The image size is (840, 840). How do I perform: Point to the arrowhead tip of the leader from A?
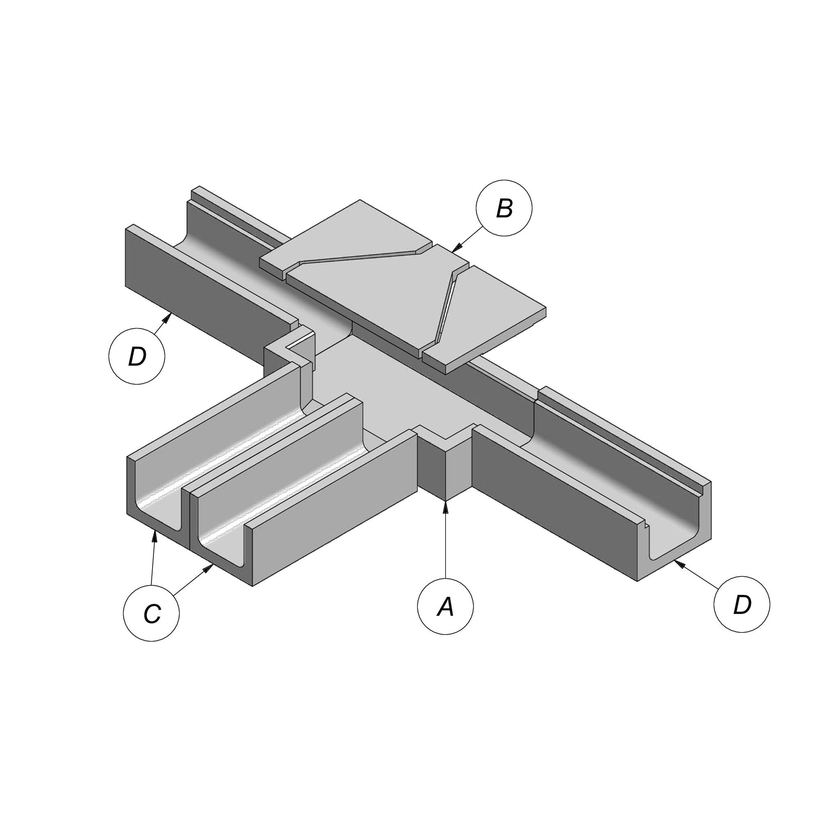click(x=445, y=501)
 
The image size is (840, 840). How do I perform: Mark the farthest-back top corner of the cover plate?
click(x=360, y=200)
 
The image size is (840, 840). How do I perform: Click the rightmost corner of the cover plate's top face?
click(x=546, y=308)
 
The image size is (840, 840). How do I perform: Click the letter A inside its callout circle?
click(x=445, y=607)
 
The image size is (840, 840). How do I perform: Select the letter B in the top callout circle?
click(x=504, y=208)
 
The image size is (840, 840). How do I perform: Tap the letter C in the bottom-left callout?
click(x=152, y=614)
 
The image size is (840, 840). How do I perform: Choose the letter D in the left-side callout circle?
click(x=137, y=357)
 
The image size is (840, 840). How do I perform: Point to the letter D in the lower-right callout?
click(x=742, y=605)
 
